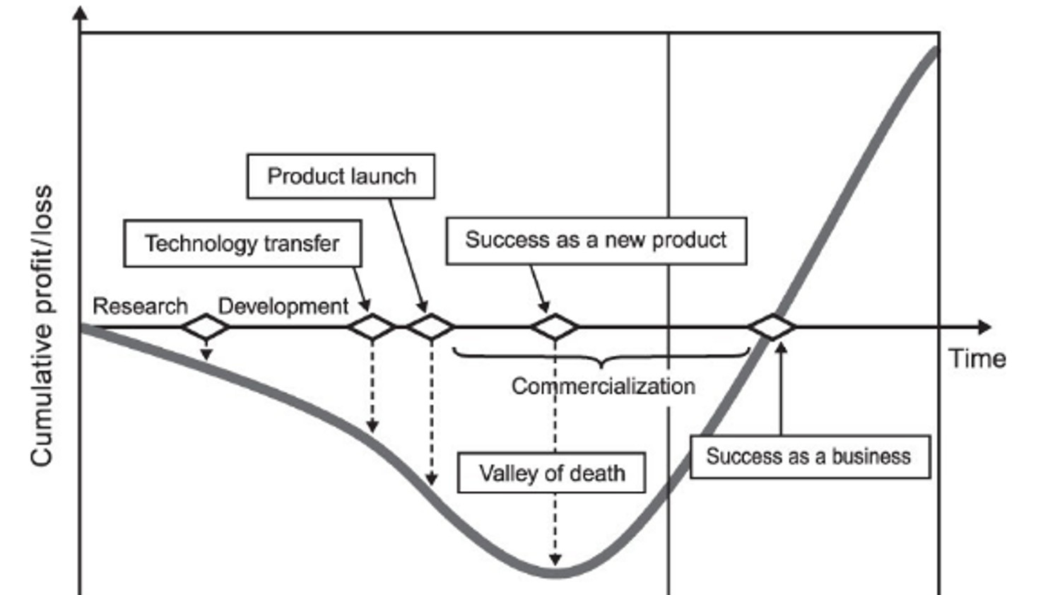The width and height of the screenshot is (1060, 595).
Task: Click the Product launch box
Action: click(x=341, y=176)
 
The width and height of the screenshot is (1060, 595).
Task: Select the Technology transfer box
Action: click(x=242, y=243)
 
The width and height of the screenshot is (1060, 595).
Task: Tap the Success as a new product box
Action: click(x=596, y=240)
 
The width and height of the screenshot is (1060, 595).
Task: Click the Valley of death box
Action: click(x=551, y=473)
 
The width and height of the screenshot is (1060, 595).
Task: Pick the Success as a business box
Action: click(x=809, y=456)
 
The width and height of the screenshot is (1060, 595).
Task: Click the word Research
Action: click(x=140, y=306)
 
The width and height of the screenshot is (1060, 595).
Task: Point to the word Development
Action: click(x=283, y=306)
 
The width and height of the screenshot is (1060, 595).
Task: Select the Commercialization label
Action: click(x=603, y=386)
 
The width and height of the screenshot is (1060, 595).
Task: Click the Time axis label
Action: click(x=977, y=358)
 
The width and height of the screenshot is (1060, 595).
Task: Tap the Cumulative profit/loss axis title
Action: click(x=41, y=325)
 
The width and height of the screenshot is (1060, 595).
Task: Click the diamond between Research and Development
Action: click(x=206, y=327)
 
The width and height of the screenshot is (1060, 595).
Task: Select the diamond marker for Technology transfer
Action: click(x=372, y=327)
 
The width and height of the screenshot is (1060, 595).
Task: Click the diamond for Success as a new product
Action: click(x=555, y=327)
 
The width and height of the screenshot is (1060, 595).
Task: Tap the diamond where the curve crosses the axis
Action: click(x=772, y=327)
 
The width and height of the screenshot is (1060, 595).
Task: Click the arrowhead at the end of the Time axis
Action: click(x=984, y=327)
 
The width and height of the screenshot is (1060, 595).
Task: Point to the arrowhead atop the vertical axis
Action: click(x=81, y=13)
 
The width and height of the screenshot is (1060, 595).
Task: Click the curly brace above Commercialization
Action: click(x=601, y=356)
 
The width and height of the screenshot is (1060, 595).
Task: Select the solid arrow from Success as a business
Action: click(x=781, y=389)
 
